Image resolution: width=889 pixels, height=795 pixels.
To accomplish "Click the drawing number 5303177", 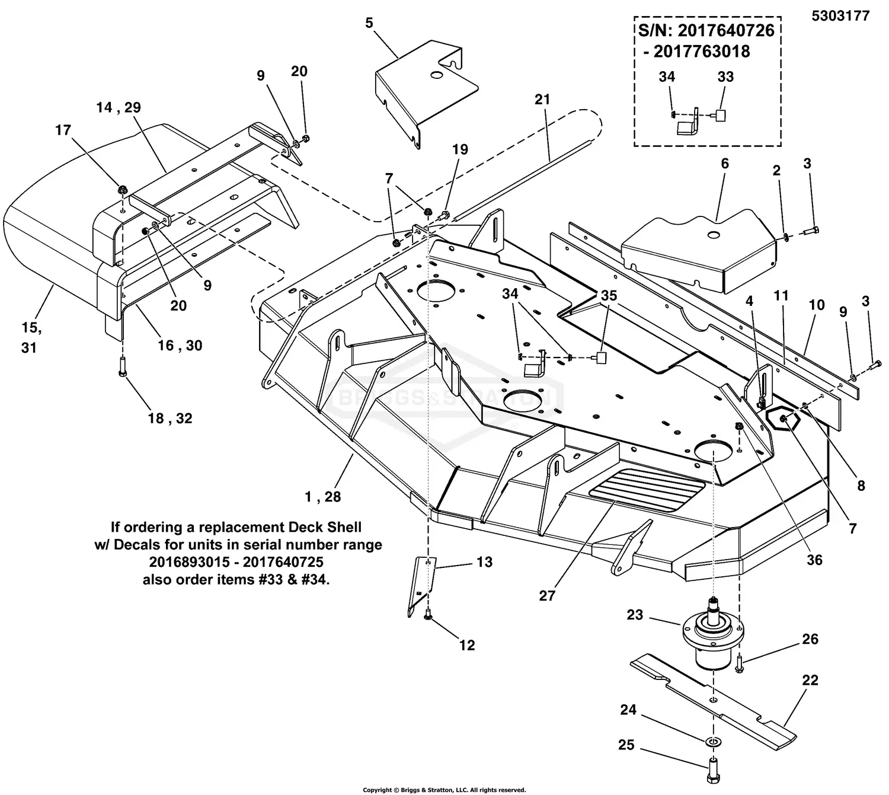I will [840, 15].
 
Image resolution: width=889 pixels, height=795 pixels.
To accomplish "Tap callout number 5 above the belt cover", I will [369, 23].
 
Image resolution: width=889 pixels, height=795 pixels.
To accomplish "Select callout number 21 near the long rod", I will [542, 100].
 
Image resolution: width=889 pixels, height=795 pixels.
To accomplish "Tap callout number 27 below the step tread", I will [546, 595].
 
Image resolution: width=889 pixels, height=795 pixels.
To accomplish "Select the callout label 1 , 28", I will [323, 497].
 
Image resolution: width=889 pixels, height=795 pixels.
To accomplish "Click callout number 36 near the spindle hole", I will [815, 560].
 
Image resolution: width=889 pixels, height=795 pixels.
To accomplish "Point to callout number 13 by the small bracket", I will [484, 561].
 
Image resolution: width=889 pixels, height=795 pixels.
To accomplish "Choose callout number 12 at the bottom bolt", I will [467, 645].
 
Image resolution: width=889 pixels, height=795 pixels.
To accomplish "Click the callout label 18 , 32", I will [170, 418].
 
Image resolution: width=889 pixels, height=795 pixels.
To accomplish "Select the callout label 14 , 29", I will [119, 107].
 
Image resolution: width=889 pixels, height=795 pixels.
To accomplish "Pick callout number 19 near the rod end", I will [460, 149].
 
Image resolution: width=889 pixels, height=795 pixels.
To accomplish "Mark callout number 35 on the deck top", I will [609, 295].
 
